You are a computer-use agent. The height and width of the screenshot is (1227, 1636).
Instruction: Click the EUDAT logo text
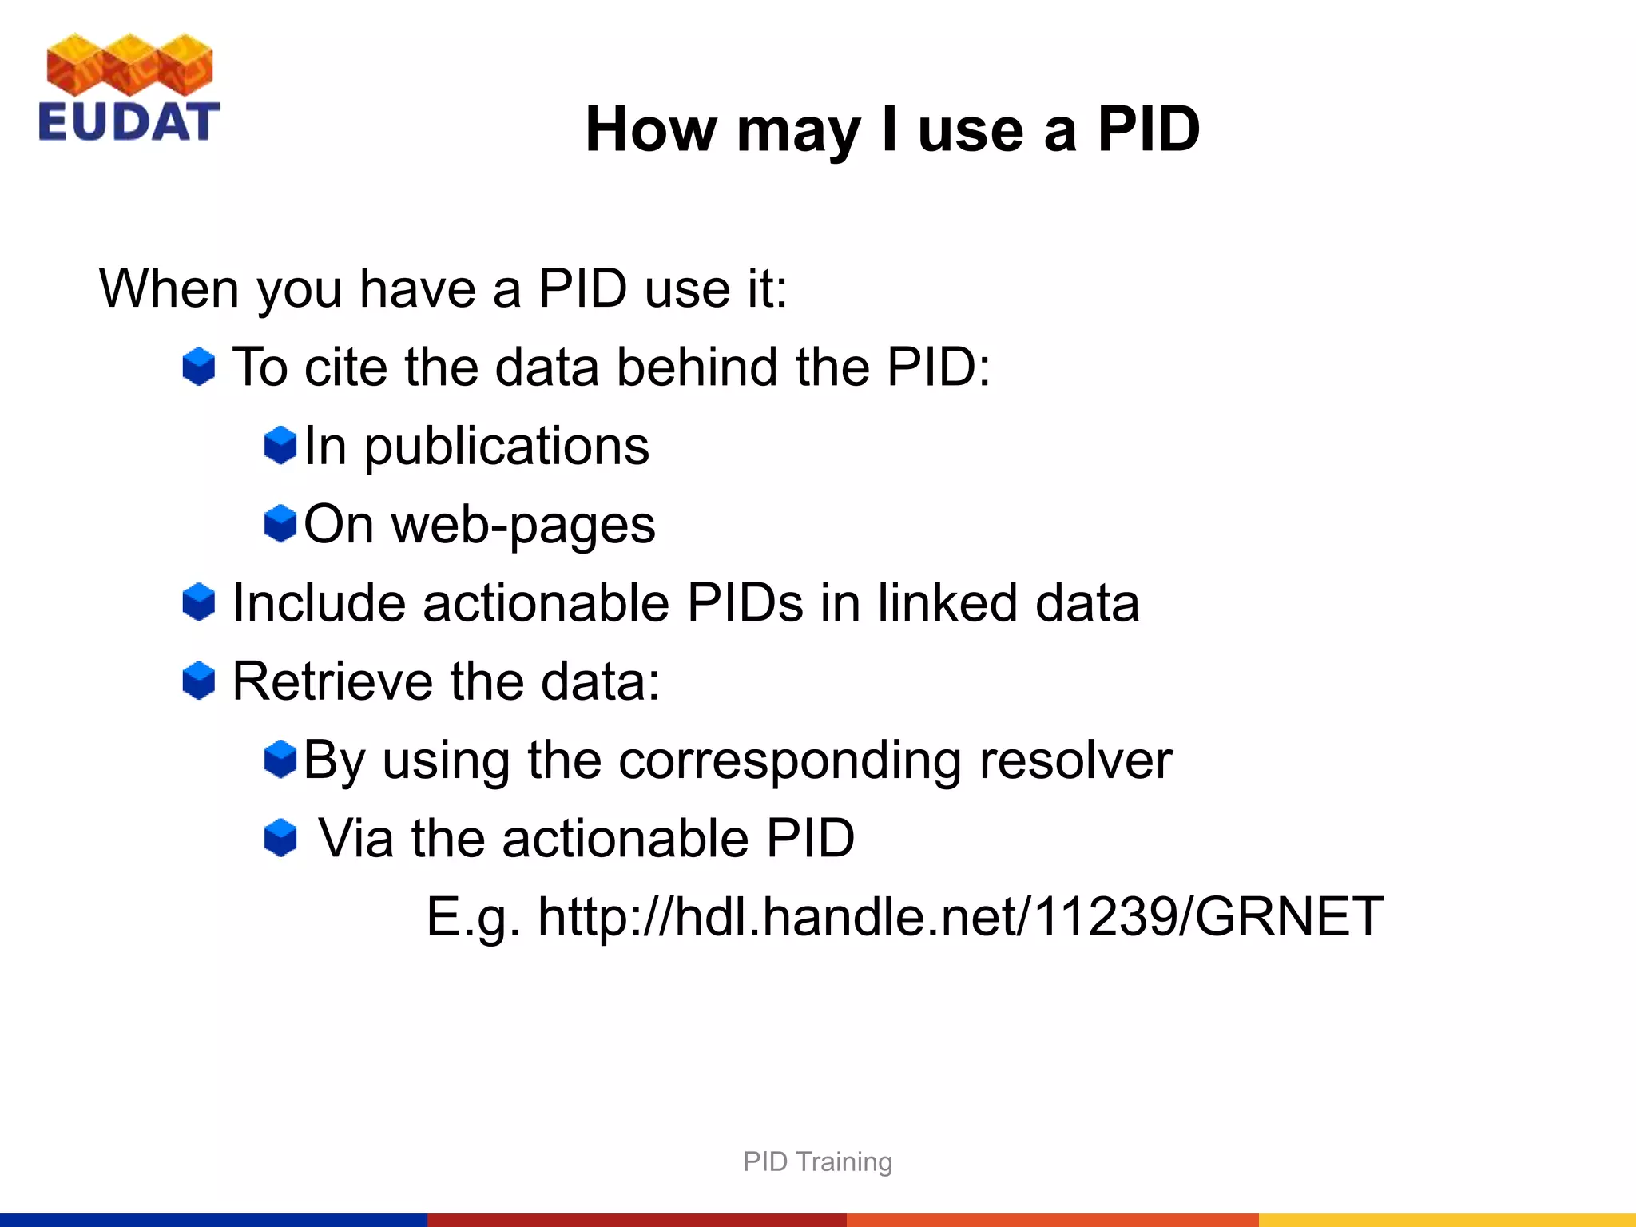coord(128,121)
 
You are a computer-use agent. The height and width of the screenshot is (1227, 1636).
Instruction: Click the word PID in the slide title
coord(1148,129)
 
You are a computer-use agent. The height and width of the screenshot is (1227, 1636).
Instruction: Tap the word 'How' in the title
coord(650,129)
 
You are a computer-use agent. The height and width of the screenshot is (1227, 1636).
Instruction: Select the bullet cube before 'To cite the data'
coord(198,367)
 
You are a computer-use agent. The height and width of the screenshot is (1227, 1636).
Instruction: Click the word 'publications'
coord(506,446)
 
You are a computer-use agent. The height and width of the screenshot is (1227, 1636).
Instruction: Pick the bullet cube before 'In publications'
coord(280,445)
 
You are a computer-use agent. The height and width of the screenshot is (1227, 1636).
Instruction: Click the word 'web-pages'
coord(522,525)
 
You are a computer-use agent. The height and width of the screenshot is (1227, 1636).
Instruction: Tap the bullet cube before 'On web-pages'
coord(280,523)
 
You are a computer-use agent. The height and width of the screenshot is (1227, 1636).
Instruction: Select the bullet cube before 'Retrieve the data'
coord(198,681)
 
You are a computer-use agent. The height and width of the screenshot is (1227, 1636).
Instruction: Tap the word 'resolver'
coord(1075,760)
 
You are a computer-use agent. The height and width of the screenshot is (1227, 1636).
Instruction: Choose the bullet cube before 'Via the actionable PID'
coord(280,838)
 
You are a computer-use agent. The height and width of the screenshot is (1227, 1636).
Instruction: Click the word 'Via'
coord(355,838)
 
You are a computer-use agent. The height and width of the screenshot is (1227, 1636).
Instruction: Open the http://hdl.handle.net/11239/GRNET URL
coord(960,916)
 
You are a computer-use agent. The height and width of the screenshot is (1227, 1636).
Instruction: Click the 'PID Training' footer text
coord(817,1161)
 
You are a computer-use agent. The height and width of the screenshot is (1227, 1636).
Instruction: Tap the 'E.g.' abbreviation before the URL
coord(473,916)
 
